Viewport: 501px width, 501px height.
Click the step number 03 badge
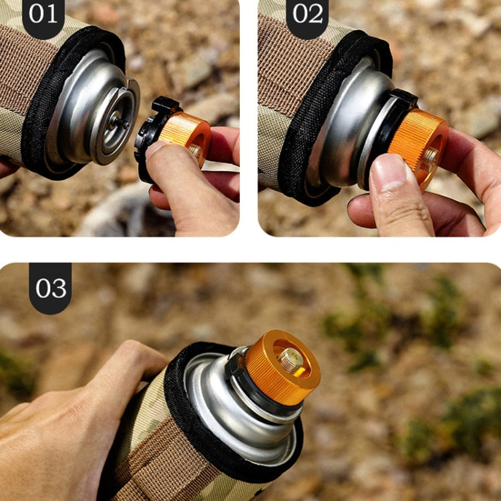tap(50, 287)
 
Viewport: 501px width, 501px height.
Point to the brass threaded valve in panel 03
tap(290, 361)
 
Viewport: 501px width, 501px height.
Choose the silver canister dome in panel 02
tap(344, 127)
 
